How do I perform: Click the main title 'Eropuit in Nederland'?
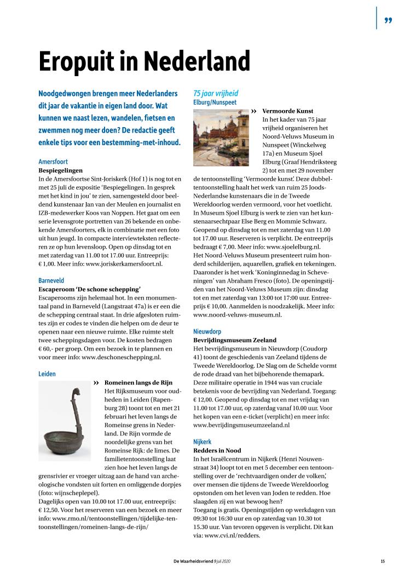(144, 61)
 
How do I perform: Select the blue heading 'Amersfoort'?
(53, 162)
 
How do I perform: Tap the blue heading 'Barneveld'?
(51, 280)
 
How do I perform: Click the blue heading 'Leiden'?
(47, 374)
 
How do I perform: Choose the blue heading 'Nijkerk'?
(202, 441)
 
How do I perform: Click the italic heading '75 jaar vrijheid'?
(216, 93)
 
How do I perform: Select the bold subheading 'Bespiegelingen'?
(60, 171)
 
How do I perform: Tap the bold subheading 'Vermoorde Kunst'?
(287, 111)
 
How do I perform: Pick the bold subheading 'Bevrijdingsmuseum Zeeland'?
(235, 340)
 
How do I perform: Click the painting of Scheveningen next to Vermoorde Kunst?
(221, 137)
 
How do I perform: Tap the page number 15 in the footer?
(383, 561)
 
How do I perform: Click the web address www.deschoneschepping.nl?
(121, 357)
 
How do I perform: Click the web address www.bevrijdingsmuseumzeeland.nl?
(241, 425)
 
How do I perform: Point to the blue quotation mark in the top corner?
(388, 21)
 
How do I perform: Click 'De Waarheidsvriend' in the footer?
(191, 561)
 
